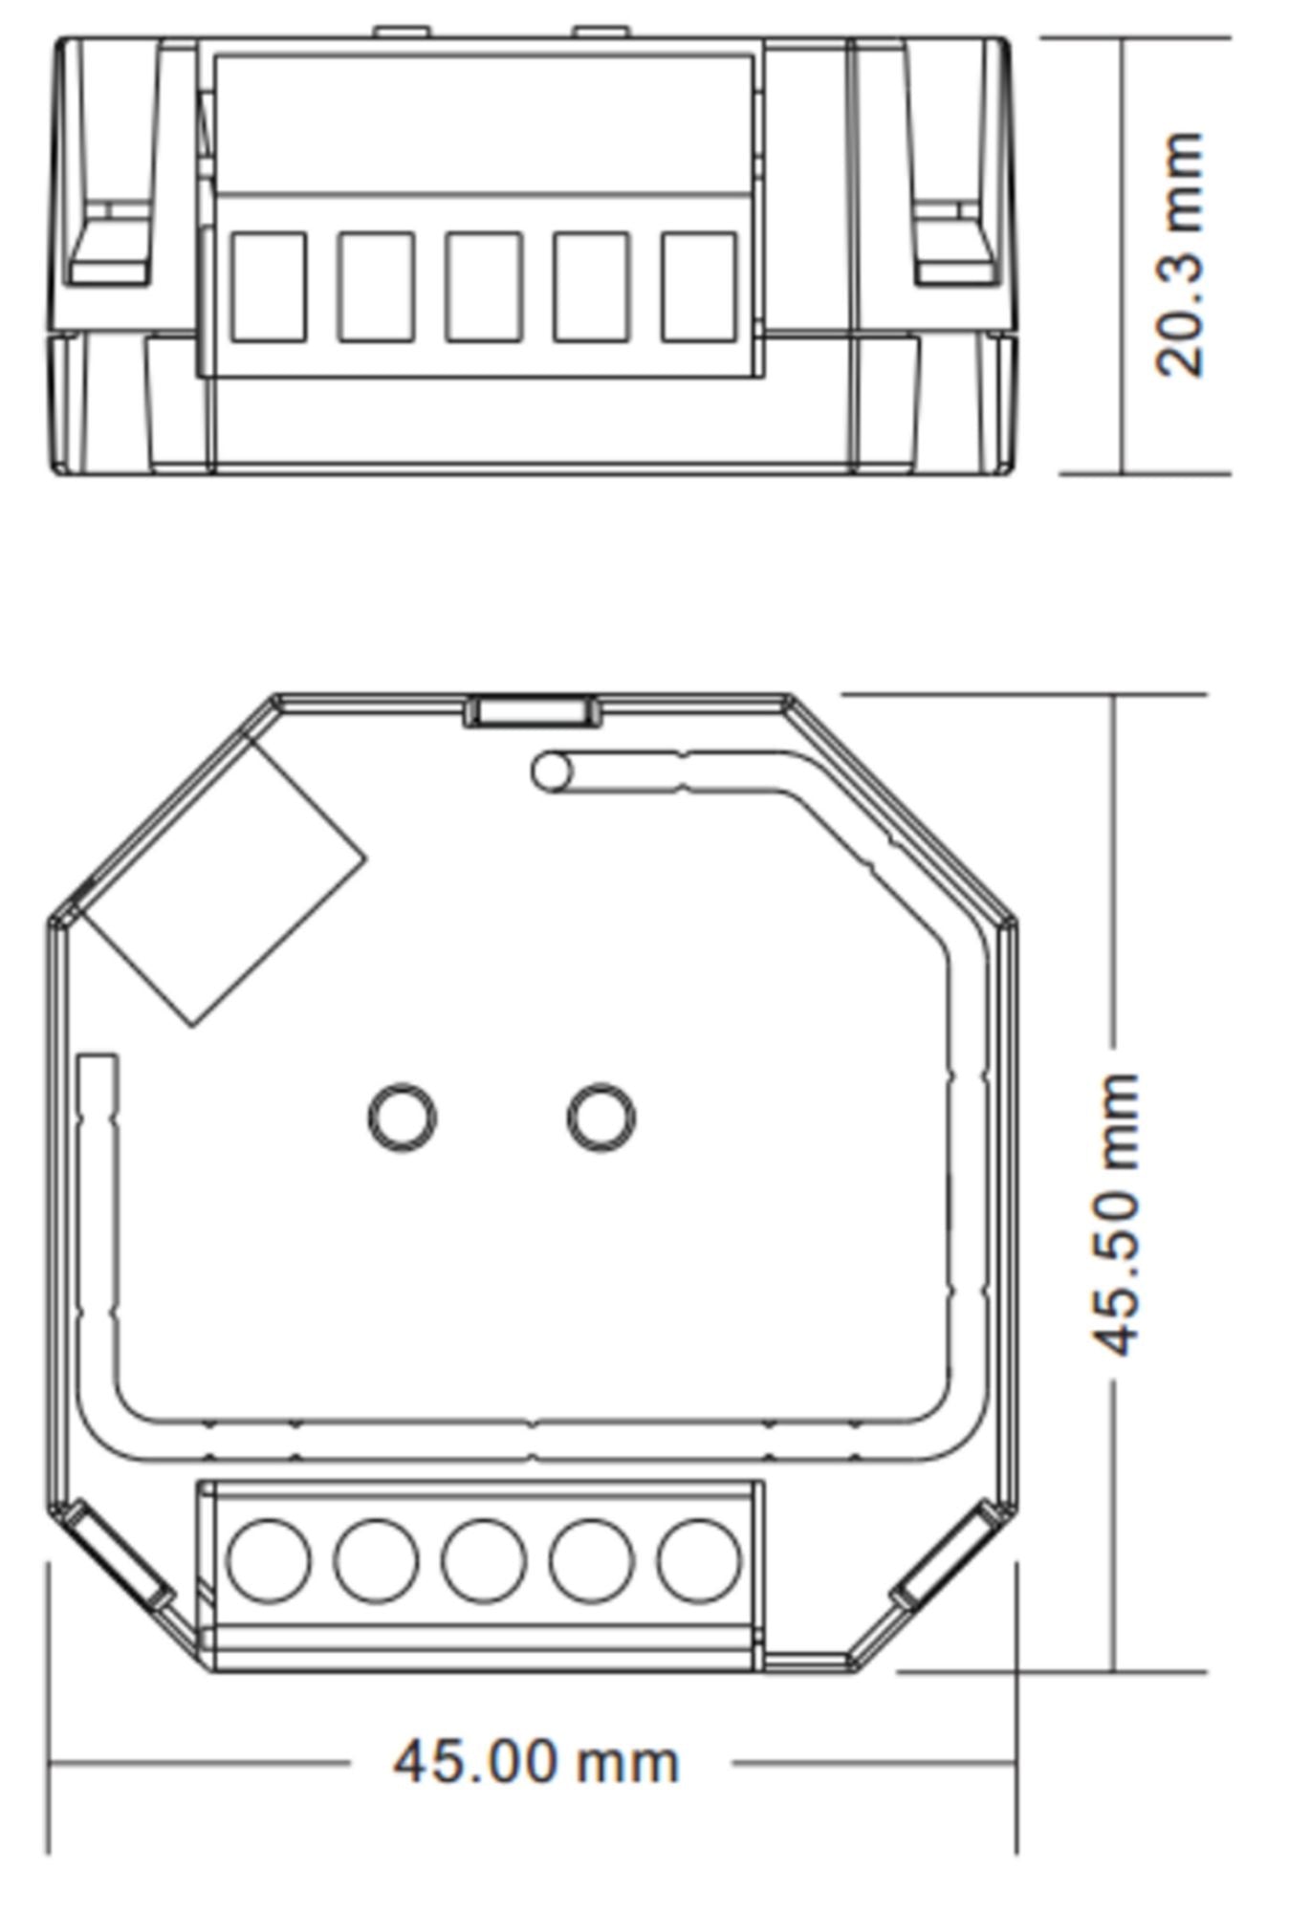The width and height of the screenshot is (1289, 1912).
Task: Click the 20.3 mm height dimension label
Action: [1178, 254]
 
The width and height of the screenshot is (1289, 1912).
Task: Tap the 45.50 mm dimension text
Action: [1117, 1214]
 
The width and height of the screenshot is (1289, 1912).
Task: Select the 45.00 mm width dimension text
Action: [536, 1762]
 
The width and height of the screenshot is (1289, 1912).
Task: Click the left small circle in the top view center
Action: [403, 1117]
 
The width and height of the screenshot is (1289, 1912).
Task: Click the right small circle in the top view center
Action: [601, 1117]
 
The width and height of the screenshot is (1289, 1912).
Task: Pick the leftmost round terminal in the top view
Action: [269, 1560]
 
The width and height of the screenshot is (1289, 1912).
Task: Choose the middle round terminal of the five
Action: [484, 1560]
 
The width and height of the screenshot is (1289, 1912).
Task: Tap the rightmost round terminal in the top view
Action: [699, 1560]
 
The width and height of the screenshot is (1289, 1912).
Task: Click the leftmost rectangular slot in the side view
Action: [269, 287]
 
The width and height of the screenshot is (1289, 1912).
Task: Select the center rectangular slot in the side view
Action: [484, 287]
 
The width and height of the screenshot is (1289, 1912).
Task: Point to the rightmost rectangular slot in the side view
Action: [699, 287]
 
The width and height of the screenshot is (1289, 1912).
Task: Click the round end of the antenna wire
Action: [552, 771]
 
